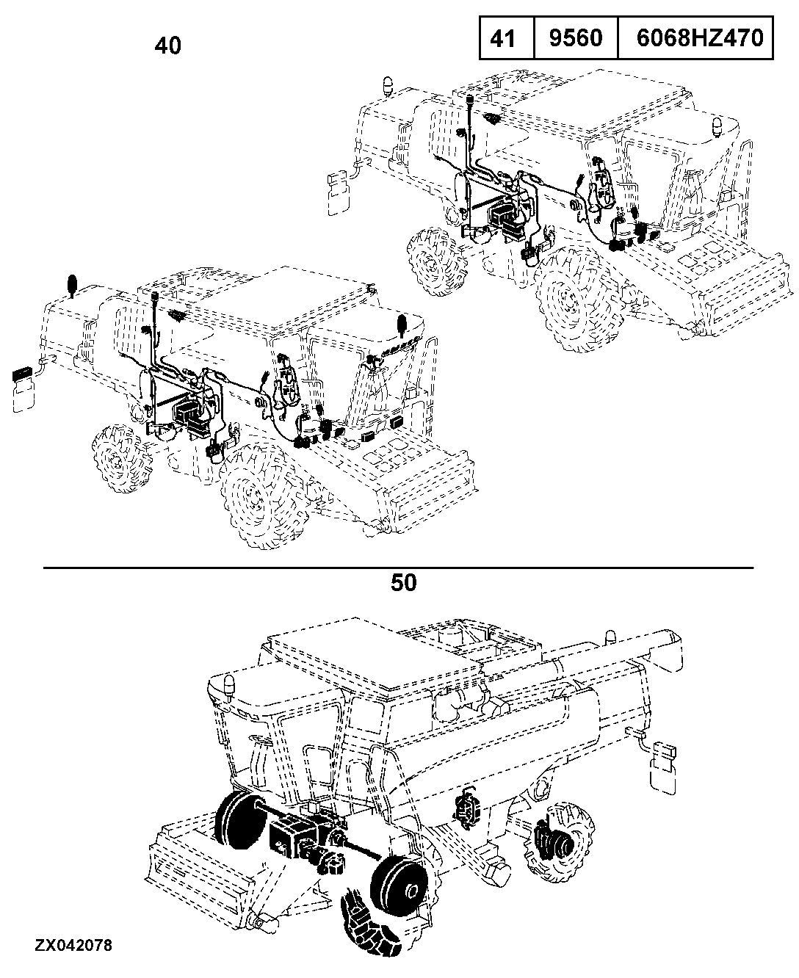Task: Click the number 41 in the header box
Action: (502, 38)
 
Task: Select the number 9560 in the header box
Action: (576, 38)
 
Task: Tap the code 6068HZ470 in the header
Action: (699, 38)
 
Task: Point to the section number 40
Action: (168, 46)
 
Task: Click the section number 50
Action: (403, 583)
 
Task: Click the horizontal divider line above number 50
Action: (398, 568)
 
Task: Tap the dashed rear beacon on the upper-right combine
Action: (386, 86)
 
